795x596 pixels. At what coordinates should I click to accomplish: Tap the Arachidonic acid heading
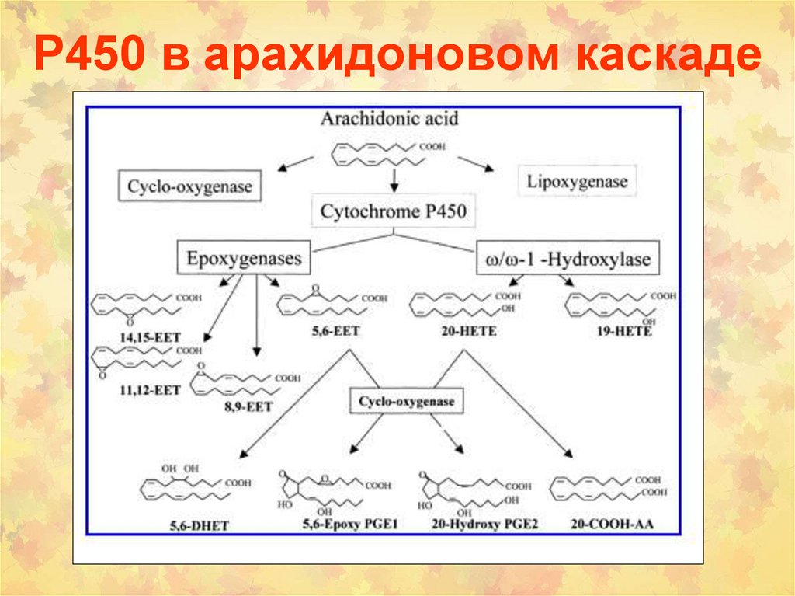390,118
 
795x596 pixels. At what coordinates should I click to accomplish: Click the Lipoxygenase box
577,183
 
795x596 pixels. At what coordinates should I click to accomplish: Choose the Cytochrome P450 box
394,211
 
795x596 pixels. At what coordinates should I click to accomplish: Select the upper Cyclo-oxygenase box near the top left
189,186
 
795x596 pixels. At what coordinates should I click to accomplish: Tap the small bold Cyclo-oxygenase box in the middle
406,403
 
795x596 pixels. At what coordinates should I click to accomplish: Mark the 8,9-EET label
246,406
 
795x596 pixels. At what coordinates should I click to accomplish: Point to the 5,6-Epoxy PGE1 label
349,525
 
